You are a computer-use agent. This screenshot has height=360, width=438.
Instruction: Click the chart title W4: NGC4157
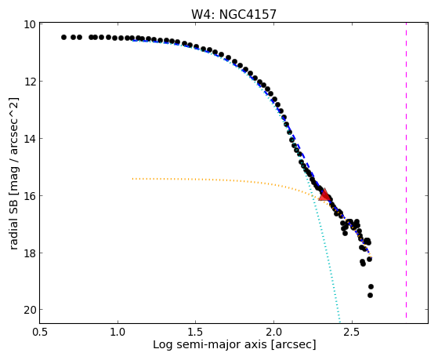coord(233,14)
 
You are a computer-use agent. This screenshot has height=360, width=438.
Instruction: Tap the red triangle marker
coord(324,195)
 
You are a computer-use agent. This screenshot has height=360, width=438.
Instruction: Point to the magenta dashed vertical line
coord(406,170)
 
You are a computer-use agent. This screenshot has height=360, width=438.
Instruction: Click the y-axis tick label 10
coord(29,24)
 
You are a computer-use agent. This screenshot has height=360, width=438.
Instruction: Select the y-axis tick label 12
coord(29,82)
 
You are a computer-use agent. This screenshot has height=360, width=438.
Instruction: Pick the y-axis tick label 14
coord(29,139)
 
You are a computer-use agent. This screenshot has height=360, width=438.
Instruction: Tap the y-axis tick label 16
coord(29,195)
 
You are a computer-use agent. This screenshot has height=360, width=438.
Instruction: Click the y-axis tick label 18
coord(29,253)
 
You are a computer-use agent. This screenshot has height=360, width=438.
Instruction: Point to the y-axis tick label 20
coord(29,310)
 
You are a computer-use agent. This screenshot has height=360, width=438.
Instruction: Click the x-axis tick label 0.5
coord(40,332)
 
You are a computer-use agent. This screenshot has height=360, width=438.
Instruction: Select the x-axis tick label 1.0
coord(118,332)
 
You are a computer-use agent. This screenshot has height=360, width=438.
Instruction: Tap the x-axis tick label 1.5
coord(196,332)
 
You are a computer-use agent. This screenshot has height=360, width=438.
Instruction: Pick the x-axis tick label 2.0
coord(274,332)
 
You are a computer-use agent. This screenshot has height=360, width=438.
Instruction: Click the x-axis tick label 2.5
coord(352,332)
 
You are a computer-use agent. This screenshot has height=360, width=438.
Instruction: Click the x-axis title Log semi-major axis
coord(210,344)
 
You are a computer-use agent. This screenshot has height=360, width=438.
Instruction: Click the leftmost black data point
coord(63,37)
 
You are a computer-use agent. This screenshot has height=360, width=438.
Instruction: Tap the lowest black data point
coord(370,295)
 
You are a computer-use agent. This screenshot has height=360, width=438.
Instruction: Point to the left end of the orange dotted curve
coord(133,179)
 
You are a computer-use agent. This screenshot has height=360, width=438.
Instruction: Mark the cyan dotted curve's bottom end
coord(340,322)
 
